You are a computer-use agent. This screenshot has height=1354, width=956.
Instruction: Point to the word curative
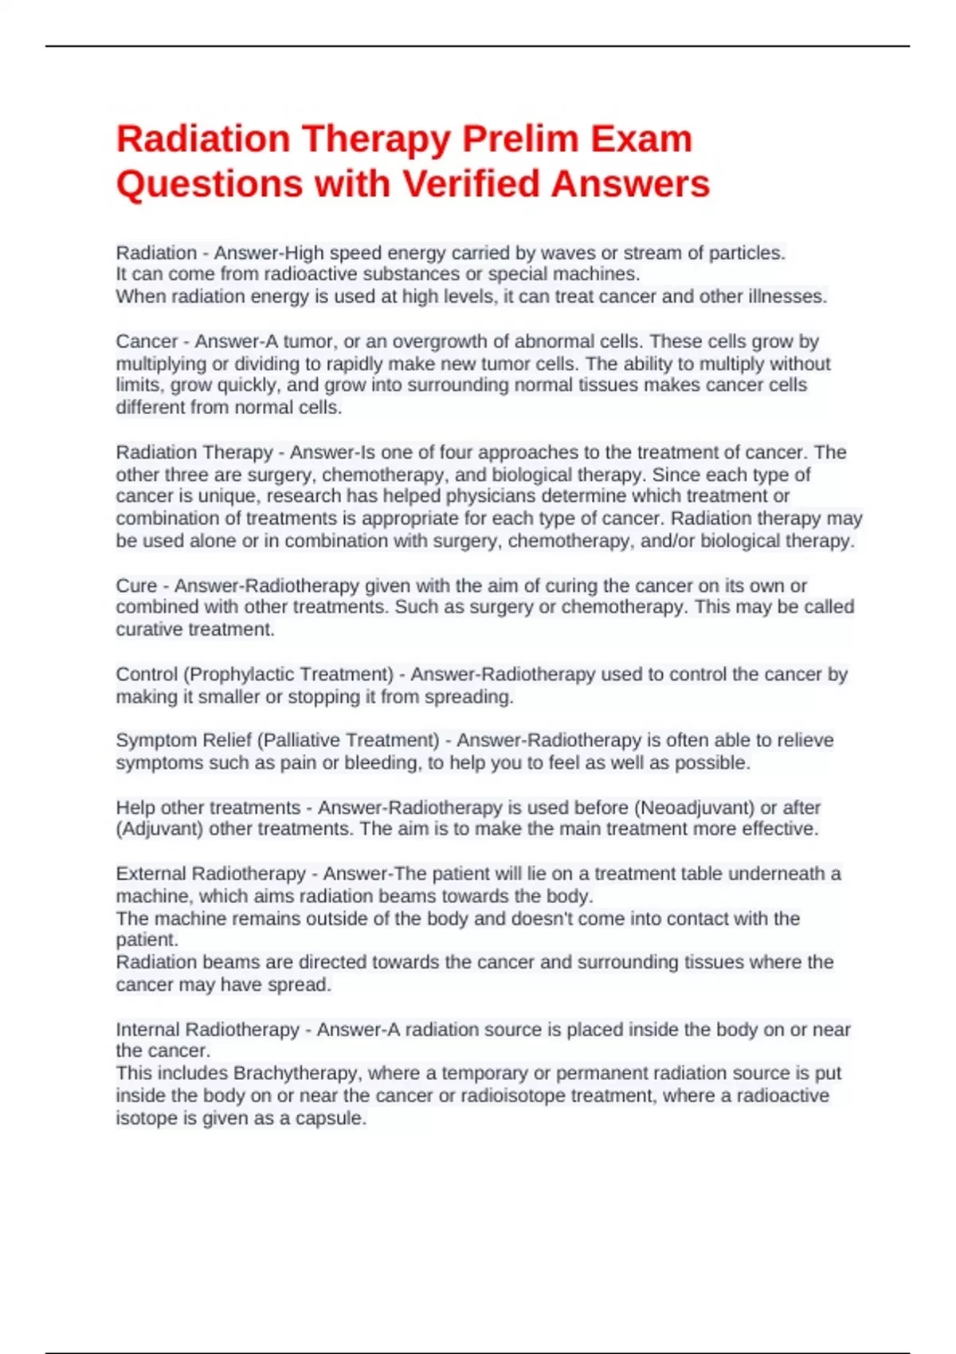151,629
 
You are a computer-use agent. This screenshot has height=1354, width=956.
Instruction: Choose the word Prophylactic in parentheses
242,675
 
